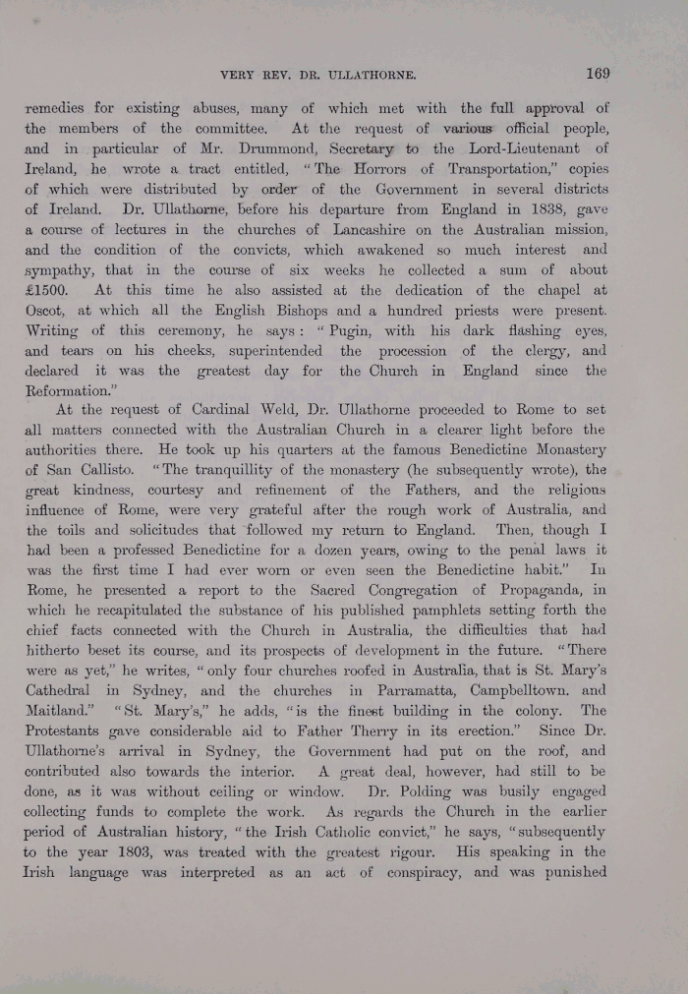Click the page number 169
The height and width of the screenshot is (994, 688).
click(x=596, y=73)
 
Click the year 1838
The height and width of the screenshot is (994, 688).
click(x=508, y=209)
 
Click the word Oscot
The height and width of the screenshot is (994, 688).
click(x=45, y=312)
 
